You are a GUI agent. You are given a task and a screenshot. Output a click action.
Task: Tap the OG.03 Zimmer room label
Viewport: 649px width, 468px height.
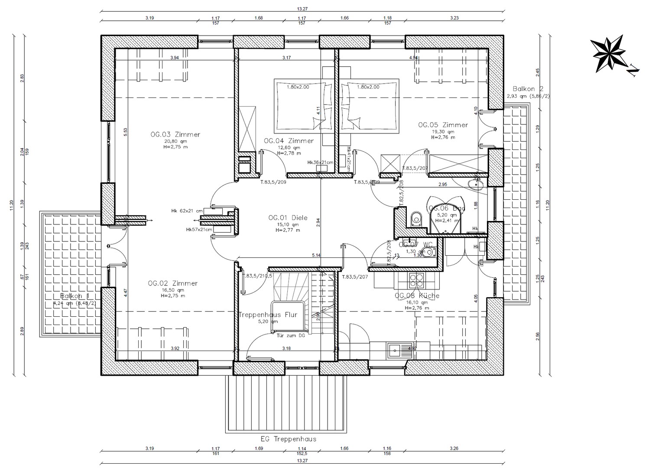[x=175, y=134]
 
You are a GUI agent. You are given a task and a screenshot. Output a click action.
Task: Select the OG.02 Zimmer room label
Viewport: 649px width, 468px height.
[x=172, y=283]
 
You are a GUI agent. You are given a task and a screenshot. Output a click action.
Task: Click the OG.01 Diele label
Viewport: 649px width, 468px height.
[x=288, y=218]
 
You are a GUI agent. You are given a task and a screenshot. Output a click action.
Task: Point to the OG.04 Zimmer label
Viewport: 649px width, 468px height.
[x=289, y=141]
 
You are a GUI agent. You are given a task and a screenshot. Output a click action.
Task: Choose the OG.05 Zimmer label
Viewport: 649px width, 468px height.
[x=443, y=125]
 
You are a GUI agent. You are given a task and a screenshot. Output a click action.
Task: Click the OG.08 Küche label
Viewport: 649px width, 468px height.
[x=417, y=296]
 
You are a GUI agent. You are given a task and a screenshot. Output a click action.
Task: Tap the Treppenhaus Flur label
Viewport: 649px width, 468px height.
[x=268, y=315]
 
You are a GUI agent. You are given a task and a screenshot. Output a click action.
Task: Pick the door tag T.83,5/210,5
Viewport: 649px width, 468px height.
[x=258, y=276]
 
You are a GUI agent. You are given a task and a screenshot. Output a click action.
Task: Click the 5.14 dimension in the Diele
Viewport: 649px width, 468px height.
[x=316, y=255]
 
